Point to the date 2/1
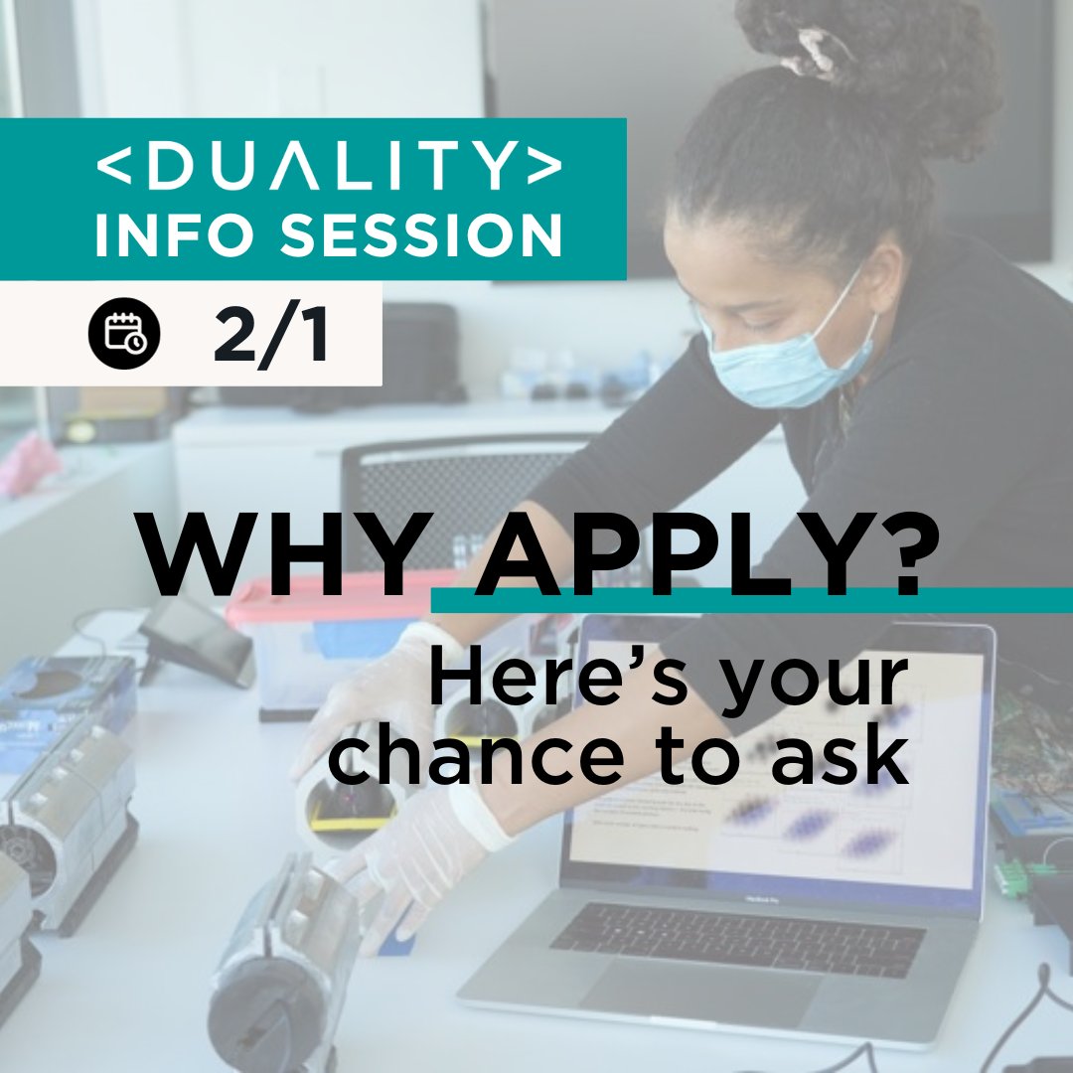click(x=270, y=336)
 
